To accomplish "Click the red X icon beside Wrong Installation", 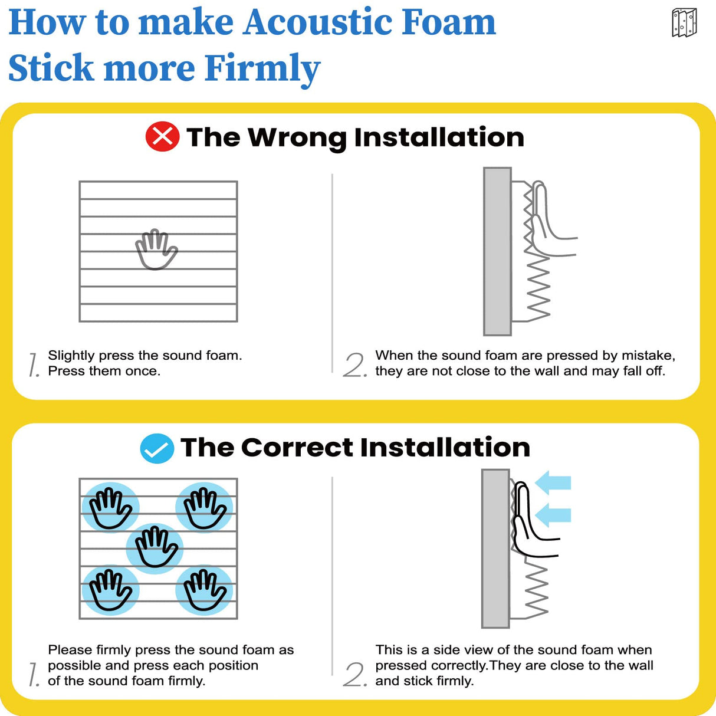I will click(162, 137).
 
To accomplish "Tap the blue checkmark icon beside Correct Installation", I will click(157, 448).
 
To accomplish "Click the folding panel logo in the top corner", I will click(684, 23).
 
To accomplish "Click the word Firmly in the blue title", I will click(262, 68).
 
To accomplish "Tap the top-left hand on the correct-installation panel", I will click(110, 508).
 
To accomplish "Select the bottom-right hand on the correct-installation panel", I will click(205, 590).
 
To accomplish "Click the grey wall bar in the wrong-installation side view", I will click(497, 251).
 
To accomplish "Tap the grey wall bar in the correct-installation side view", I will click(495, 549).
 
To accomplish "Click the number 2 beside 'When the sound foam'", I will click(354, 365).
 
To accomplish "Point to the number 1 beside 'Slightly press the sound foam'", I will click(34, 365).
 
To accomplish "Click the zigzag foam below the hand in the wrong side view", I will click(538, 289).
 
